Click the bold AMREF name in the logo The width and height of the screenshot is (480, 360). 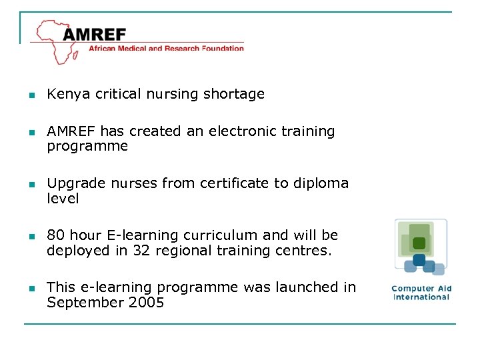[95, 34]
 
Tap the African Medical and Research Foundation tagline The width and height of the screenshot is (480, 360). [167, 48]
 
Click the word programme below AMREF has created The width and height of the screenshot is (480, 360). [87, 147]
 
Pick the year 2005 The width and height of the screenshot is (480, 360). [146, 303]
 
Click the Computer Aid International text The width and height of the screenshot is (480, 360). [421, 293]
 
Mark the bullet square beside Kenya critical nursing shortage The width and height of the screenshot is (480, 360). [31, 95]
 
